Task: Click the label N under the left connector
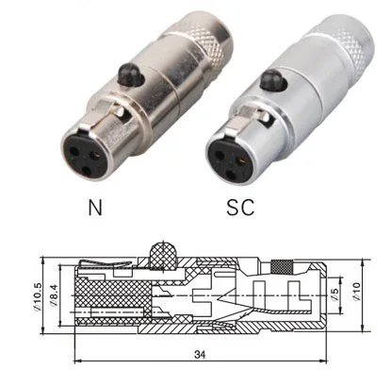point(95,208)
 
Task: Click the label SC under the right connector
point(240,207)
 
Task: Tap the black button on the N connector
point(128,76)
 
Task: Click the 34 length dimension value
point(200,355)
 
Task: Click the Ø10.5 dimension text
point(37,296)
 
